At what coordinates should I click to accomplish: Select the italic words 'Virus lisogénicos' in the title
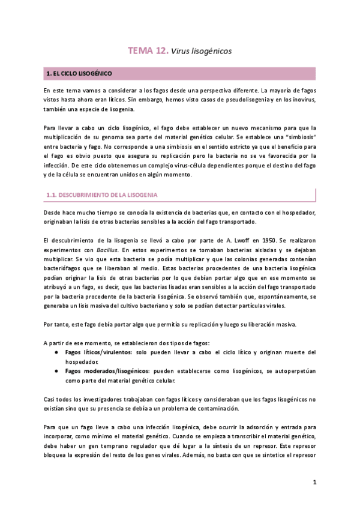pyautogui.click(x=201, y=52)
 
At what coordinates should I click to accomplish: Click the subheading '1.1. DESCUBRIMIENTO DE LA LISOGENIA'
pyautogui.click(x=103, y=196)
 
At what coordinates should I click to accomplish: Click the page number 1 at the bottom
pyautogui.click(x=314, y=482)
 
